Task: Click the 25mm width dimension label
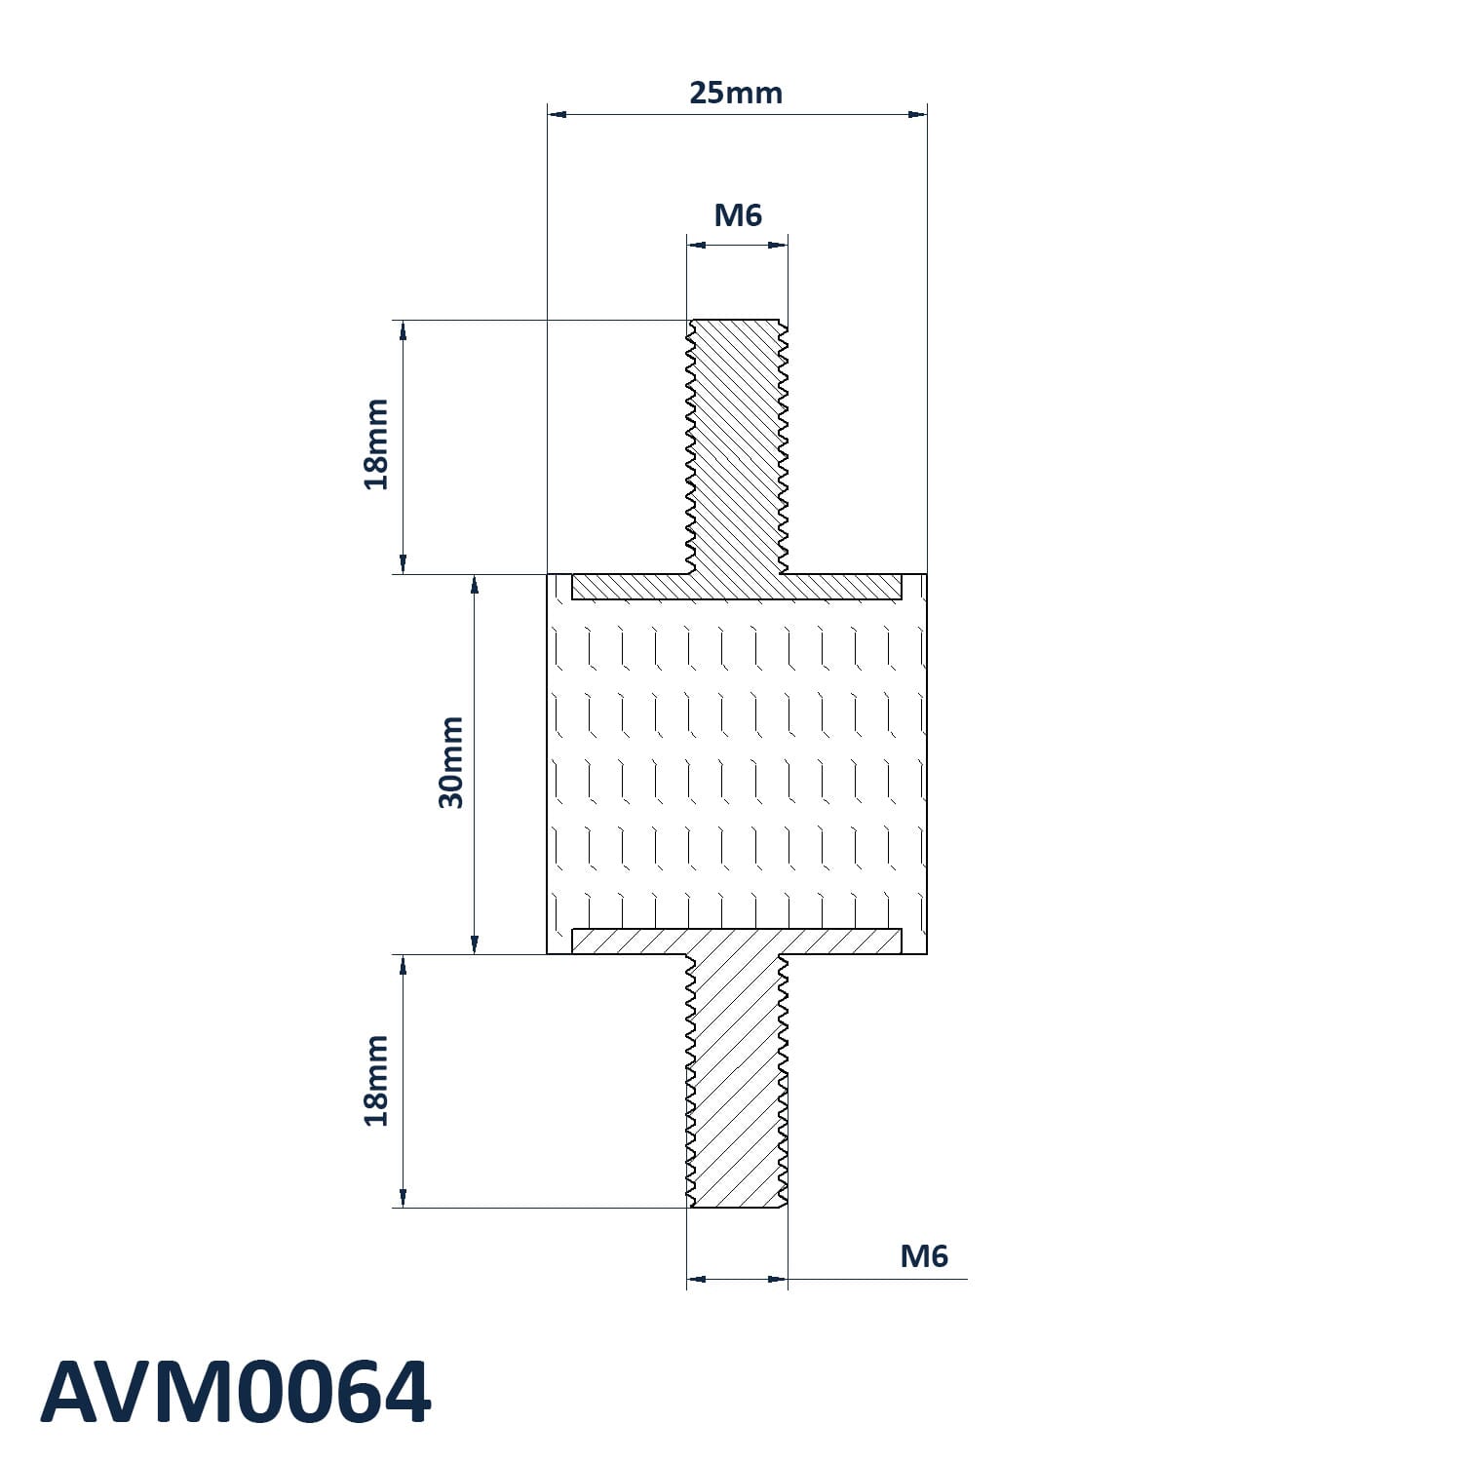click(736, 93)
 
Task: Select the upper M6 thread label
click(738, 214)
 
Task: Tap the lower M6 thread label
click(924, 1256)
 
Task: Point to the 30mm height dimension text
click(451, 762)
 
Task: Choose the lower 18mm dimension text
click(376, 1081)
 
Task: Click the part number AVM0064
click(235, 1393)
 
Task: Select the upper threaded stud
click(737, 446)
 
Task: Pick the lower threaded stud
click(737, 1081)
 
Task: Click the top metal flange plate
click(737, 586)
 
